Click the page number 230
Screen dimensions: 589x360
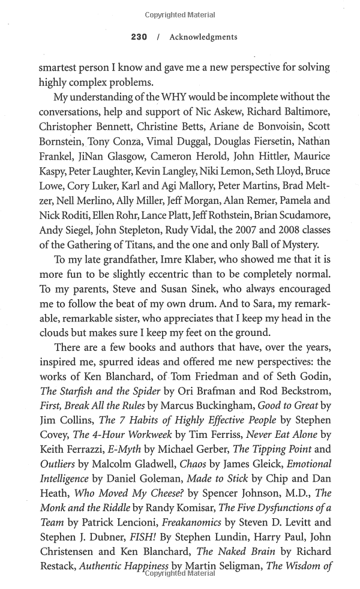click(x=139, y=37)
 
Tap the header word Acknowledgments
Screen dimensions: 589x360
click(x=203, y=37)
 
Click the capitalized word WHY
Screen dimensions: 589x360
click(x=175, y=97)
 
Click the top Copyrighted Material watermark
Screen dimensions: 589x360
click(x=180, y=14)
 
